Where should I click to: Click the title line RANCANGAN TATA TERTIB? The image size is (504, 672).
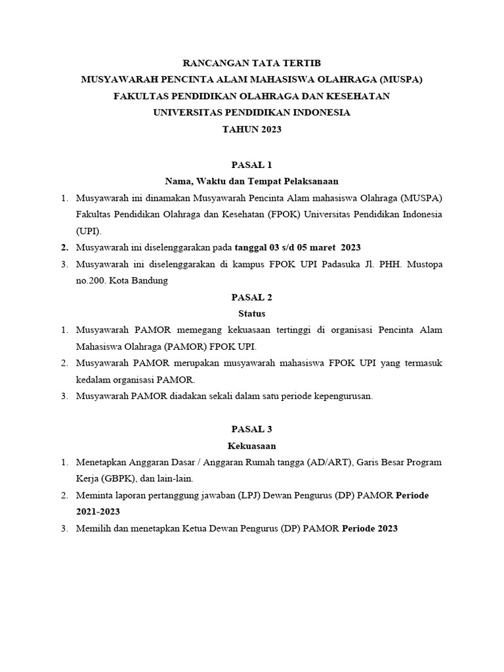(x=251, y=63)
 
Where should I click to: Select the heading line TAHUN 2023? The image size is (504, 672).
(x=251, y=129)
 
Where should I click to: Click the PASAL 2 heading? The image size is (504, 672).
(x=251, y=297)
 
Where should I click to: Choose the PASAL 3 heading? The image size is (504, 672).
(x=251, y=429)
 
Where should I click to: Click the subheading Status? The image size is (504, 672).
(x=251, y=314)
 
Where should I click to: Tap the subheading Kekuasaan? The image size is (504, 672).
(x=251, y=446)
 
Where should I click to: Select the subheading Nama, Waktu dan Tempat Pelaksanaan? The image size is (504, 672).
(x=251, y=180)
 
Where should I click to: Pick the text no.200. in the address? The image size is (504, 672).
(x=93, y=280)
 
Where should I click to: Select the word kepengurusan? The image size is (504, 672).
(x=340, y=396)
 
